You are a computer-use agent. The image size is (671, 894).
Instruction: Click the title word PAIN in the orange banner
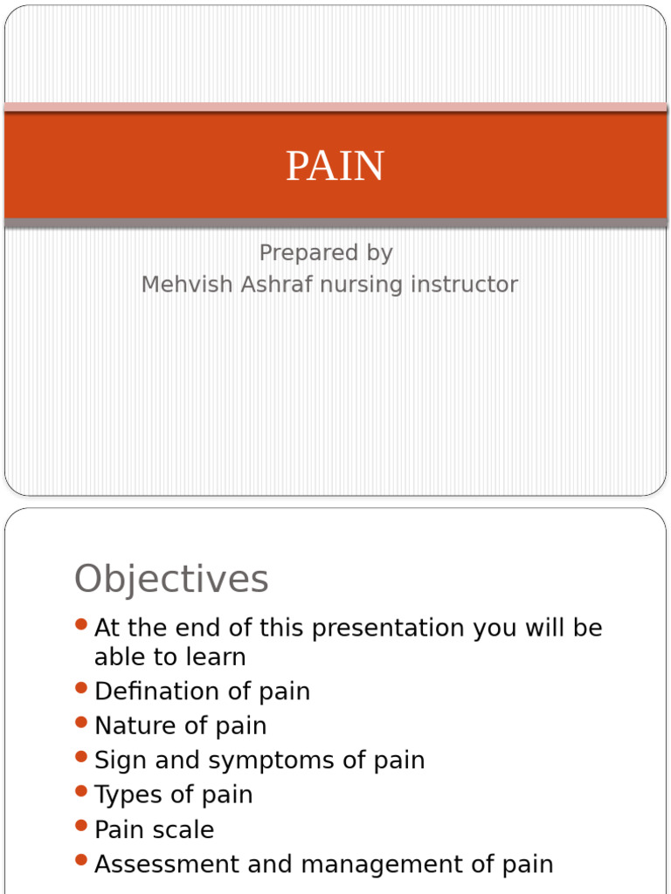click(335, 166)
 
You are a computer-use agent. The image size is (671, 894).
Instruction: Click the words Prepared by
click(326, 252)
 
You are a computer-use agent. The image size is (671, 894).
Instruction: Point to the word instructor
click(467, 284)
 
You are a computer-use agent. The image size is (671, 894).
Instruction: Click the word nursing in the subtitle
click(365, 284)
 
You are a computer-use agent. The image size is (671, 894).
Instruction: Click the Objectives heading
click(171, 579)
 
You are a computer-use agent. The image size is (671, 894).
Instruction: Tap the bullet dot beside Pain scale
click(81, 825)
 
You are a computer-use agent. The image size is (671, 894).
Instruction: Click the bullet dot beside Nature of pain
click(81, 722)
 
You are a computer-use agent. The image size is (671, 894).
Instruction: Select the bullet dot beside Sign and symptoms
click(81, 756)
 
